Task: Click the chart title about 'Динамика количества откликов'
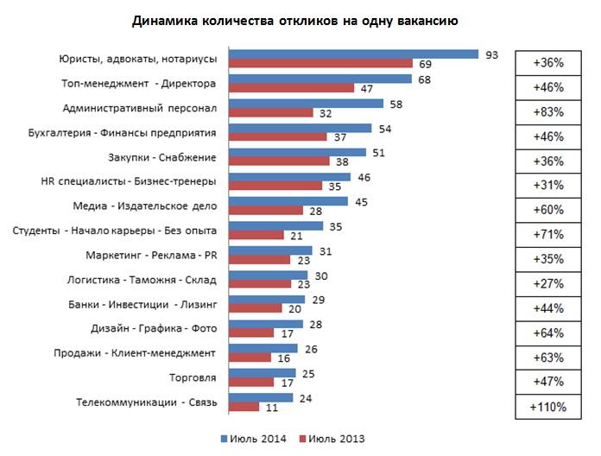coord(300,19)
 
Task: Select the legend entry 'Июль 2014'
coord(253,438)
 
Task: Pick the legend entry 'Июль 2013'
coord(337,438)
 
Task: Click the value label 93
coord(492,54)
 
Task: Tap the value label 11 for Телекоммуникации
coord(270,407)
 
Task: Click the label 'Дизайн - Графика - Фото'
coord(153,328)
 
